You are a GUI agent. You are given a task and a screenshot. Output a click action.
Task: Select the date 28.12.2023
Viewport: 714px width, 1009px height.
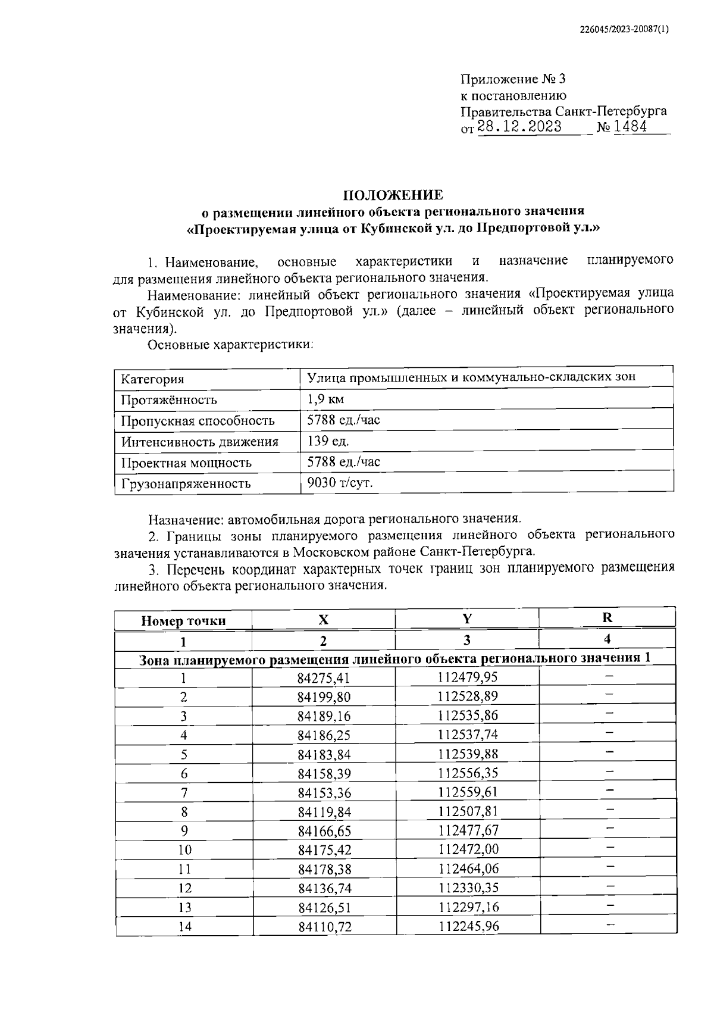click(x=519, y=127)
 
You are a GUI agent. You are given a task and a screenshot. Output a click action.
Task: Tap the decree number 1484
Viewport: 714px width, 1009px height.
click(x=630, y=127)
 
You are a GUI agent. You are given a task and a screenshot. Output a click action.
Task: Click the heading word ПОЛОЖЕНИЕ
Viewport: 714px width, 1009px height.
click(x=392, y=195)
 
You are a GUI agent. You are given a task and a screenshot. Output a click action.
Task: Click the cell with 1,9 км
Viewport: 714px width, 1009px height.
click(x=325, y=399)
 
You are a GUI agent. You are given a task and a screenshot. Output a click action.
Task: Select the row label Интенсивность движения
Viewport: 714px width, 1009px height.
click(x=200, y=442)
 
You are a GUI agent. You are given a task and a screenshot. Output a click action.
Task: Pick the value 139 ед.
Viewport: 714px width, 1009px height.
click(x=328, y=441)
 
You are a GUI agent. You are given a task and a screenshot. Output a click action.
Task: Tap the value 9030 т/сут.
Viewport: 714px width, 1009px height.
click(x=340, y=483)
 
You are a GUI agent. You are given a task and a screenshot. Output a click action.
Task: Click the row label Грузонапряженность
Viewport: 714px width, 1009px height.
click(x=186, y=483)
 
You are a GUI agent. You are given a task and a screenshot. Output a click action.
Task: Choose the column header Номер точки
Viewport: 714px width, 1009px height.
click(x=183, y=621)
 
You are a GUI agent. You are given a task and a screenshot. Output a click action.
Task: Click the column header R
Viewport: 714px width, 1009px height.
click(x=607, y=618)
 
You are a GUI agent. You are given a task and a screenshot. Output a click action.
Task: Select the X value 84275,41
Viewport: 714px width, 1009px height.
click(x=324, y=678)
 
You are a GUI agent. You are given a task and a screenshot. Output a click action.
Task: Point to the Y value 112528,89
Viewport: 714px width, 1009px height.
click(x=468, y=696)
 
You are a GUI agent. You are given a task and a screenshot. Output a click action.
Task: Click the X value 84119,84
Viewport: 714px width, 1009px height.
click(x=324, y=811)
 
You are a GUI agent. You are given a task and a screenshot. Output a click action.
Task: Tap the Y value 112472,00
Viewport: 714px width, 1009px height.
click(x=468, y=849)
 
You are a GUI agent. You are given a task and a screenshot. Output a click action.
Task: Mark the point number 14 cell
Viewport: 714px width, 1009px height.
click(x=184, y=926)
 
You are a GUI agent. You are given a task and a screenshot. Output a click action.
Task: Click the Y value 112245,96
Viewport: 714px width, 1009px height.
click(x=469, y=926)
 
